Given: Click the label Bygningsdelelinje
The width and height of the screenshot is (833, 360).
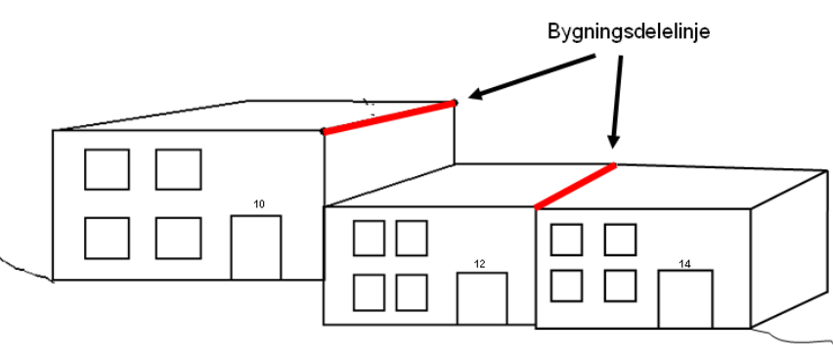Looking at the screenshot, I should pyautogui.click(x=627, y=31).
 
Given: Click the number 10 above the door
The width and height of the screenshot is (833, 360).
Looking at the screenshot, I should pyautogui.click(x=259, y=204).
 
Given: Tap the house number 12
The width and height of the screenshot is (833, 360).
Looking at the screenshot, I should pyautogui.click(x=479, y=263).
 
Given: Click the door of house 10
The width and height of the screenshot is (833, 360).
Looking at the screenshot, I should pyautogui.click(x=255, y=247).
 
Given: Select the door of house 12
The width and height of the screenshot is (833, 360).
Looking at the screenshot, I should pyautogui.click(x=482, y=298).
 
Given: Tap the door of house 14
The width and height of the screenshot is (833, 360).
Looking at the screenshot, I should pyautogui.click(x=684, y=298).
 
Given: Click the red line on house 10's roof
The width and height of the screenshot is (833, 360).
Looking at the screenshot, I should pyautogui.click(x=389, y=116).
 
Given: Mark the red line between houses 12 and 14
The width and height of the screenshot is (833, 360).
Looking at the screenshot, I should pyautogui.click(x=576, y=186).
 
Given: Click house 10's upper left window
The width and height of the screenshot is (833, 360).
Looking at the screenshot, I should pyautogui.click(x=107, y=169).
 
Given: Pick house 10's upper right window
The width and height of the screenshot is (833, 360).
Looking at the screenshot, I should pyautogui.click(x=178, y=169).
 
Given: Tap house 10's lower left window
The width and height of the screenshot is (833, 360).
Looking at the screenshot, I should pyautogui.click(x=107, y=238).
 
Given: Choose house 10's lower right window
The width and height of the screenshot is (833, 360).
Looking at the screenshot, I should pyautogui.click(x=178, y=238).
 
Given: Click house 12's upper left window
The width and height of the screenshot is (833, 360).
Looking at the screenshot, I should pyautogui.click(x=369, y=238).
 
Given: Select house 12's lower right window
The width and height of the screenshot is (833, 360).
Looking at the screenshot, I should pyautogui.click(x=411, y=292).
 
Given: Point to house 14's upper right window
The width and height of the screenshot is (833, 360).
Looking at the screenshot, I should pyautogui.click(x=620, y=239).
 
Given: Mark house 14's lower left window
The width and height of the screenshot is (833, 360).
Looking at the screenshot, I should pyautogui.click(x=566, y=285).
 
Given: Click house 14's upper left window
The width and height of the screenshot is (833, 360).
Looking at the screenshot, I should pyautogui.click(x=566, y=239).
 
